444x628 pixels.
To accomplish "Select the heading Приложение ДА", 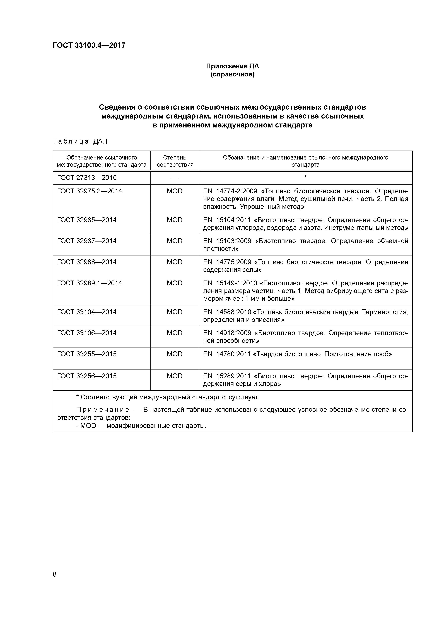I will (x=232, y=66).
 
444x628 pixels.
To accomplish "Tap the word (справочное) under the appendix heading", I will (x=232, y=74).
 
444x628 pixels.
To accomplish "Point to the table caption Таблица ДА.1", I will (x=80, y=141).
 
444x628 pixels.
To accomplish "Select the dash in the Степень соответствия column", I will (x=175, y=178).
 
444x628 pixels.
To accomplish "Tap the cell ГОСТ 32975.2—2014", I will (x=90, y=191).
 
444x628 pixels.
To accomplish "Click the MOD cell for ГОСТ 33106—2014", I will (x=175, y=333).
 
